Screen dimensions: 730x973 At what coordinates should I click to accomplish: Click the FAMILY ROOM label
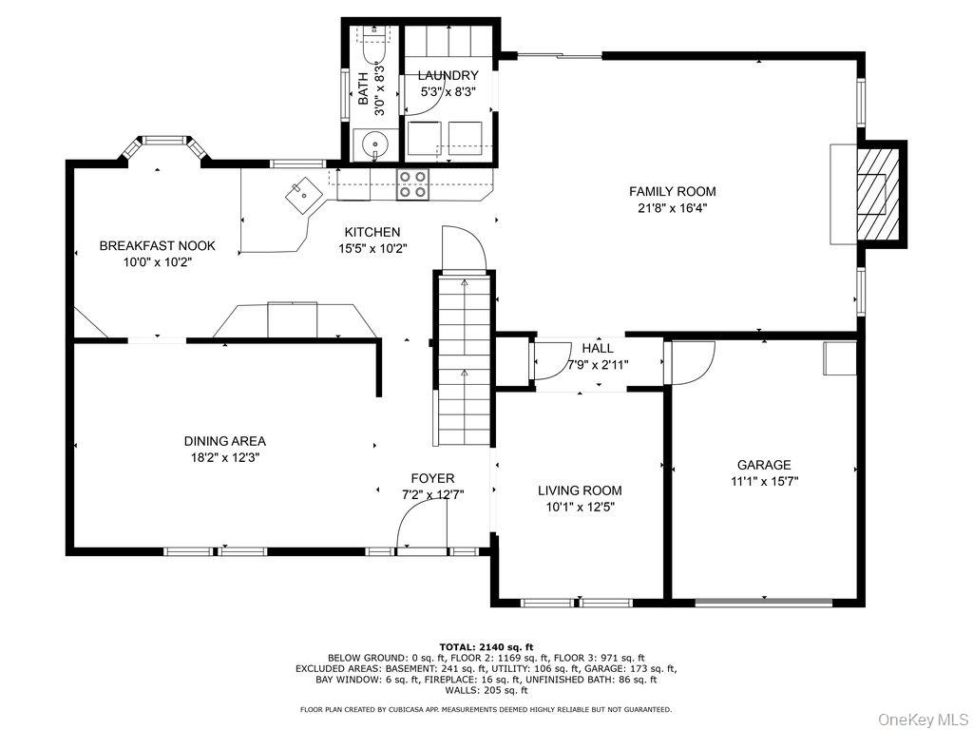tap(672, 191)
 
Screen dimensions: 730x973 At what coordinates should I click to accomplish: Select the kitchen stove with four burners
tap(411, 183)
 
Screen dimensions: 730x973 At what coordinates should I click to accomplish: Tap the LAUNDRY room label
tap(449, 75)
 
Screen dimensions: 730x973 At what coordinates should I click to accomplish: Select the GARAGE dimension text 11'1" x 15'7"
tap(764, 481)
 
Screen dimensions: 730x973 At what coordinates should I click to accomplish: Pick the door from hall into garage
tap(690, 361)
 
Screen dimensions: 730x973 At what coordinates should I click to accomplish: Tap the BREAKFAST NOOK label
tap(157, 245)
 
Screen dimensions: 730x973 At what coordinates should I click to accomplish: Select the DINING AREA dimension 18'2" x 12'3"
tap(224, 457)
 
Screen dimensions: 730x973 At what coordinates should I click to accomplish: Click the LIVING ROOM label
tap(580, 490)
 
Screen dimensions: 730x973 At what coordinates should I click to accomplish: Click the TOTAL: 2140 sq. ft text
tap(486, 646)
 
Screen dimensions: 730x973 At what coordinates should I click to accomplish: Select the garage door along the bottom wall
tap(764, 602)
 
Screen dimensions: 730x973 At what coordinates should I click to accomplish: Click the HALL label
tap(598, 349)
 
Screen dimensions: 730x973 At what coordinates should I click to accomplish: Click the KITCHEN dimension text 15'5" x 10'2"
tap(372, 249)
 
